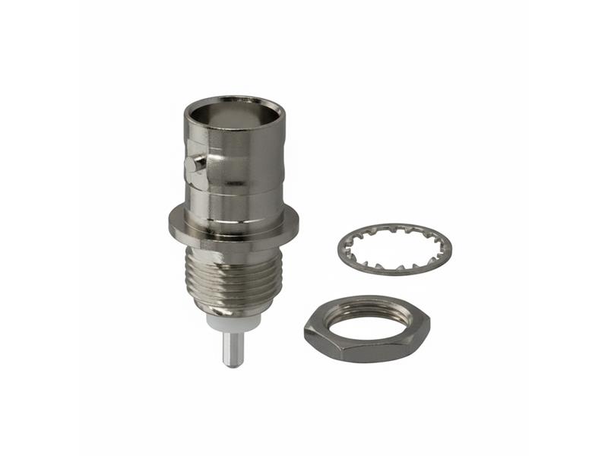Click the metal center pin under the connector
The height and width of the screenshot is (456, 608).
(x=233, y=350)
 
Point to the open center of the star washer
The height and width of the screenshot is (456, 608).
(x=394, y=247)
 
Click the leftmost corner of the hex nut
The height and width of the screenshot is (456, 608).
(x=305, y=328)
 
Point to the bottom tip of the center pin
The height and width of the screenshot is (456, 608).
(x=233, y=366)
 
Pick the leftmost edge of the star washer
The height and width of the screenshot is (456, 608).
(x=337, y=247)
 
